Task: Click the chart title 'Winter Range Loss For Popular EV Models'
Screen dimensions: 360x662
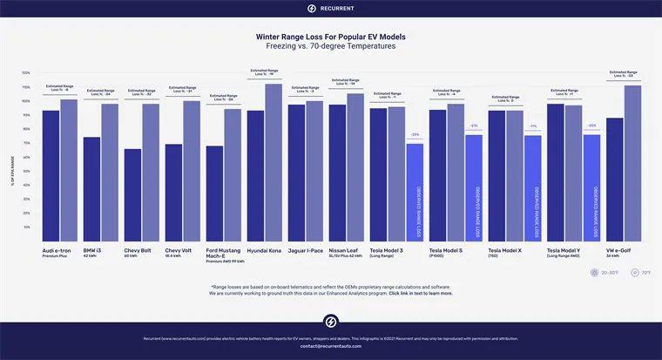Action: (331, 37)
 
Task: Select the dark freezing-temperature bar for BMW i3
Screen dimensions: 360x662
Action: (91, 188)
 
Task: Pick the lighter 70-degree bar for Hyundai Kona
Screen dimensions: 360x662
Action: (273, 162)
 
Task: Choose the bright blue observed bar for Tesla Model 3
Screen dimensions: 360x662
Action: (415, 192)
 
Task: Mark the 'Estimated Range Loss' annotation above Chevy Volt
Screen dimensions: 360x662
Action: (182, 90)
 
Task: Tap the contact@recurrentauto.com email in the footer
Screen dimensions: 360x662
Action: (331, 347)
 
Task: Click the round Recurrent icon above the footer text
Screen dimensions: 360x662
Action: (331, 321)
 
